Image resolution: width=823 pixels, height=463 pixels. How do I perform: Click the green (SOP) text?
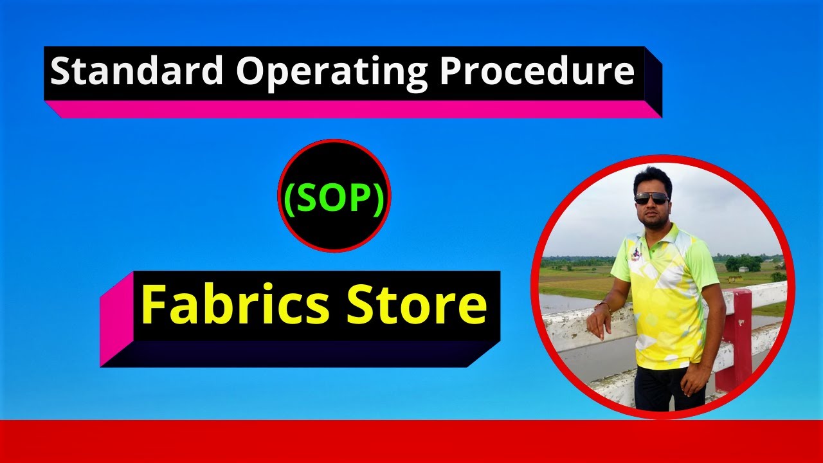[334, 200]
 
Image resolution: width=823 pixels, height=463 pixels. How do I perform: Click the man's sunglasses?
[651, 198]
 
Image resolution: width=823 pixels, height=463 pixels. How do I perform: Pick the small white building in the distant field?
[743, 268]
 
